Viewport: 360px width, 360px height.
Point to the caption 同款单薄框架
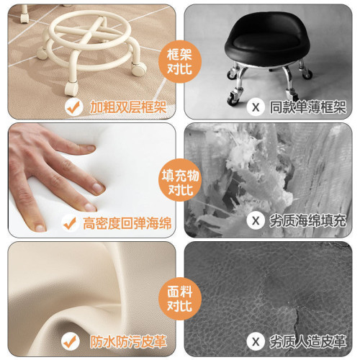click(x=306, y=107)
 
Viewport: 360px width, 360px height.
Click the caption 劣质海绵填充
click(x=306, y=220)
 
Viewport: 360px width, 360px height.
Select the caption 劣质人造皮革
click(x=306, y=341)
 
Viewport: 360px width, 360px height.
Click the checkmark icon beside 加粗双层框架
click(x=72, y=107)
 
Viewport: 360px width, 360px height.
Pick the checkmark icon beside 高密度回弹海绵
click(x=71, y=223)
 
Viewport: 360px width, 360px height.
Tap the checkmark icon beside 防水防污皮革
click(x=71, y=341)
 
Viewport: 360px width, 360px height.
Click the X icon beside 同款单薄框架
click(x=254, y=107)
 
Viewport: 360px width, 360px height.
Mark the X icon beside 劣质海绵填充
click(x=254, y=220)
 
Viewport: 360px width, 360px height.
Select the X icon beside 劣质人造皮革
click(x=254, y=341)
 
